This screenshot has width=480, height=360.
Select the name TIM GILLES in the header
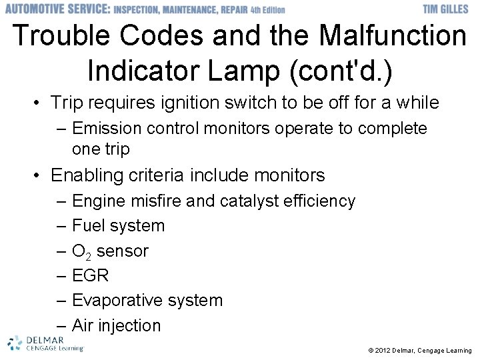(x=447, y=9)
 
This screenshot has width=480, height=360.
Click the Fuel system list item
(x=118, y=226)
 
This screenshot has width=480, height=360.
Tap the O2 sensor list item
(x=110, y=251)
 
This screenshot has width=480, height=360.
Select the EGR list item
(x=90, y=275)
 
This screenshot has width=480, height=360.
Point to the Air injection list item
(x=116, y=325)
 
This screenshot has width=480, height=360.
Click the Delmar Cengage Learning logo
(x=45, y=343)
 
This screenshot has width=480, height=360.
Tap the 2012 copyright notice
(x=419, y=351)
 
